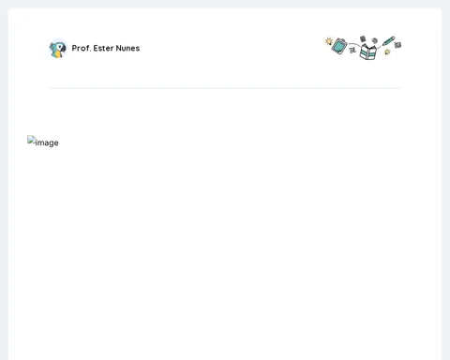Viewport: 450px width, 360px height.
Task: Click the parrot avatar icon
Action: pyautogui.click(x=58, y=49)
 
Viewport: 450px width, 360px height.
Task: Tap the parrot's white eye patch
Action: pyautogui.click(x=59, y=46)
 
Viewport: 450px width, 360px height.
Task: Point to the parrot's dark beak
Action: pyautogui.click(x=64, y=49)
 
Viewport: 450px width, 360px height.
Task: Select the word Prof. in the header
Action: pyautogui.click(x=82, y=48)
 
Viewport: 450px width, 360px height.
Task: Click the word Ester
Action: pyautogui.click(x=103, y=48)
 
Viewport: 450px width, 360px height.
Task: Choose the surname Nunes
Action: pyautogui.click(x=127, y=48)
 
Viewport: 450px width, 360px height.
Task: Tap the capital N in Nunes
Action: pyautogui.click(x=118, y=48)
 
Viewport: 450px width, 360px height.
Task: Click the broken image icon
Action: pyautogui.click(x=31, y=140)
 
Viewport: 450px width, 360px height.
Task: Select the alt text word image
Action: pyautogui.click(x=47, y=142)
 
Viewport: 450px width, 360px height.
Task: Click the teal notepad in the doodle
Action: pyautogui.click(x=339, y=46)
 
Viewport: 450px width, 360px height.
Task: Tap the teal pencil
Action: pyautogui.click(x=388, y=41)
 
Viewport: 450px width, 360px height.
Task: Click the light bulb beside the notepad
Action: pyautogui.click(x=329, y=41)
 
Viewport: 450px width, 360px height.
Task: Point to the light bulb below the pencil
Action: pyautogui.click(x=387, y=52)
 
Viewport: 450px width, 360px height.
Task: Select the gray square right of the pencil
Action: pyautogui.click(x=397, y=45)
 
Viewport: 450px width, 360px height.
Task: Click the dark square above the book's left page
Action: pyautogui.click(x=363, y=38)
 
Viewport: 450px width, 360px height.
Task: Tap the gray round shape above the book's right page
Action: pyautogui.click(x=375, y=40)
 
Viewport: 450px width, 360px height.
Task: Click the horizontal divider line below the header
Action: pyautogui.click(x=225, y=88)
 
